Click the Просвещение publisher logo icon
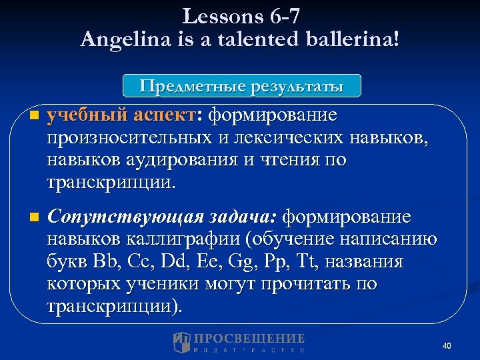tap(182, 343)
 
